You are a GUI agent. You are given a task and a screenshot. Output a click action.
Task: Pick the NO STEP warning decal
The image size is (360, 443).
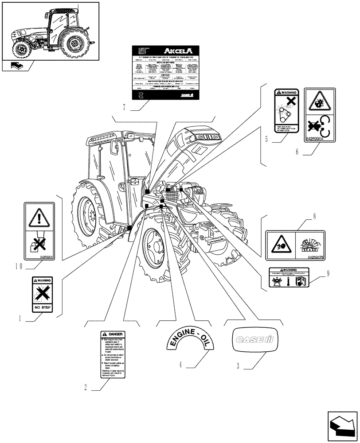pyautogui.click(x=42, y=295)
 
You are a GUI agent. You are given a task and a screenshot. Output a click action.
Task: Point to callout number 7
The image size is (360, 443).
pyautogui.click(x=125, y=108)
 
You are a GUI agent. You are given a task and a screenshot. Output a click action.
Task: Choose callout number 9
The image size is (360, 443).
pyautogui.click(x=328, y=273)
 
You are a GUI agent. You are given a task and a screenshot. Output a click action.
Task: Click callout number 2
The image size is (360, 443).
pyautogui.click(x=85, y=387)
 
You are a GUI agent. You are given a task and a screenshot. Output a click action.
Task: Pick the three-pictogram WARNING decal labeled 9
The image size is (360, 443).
pyautogui.click(x=288, y=277)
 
